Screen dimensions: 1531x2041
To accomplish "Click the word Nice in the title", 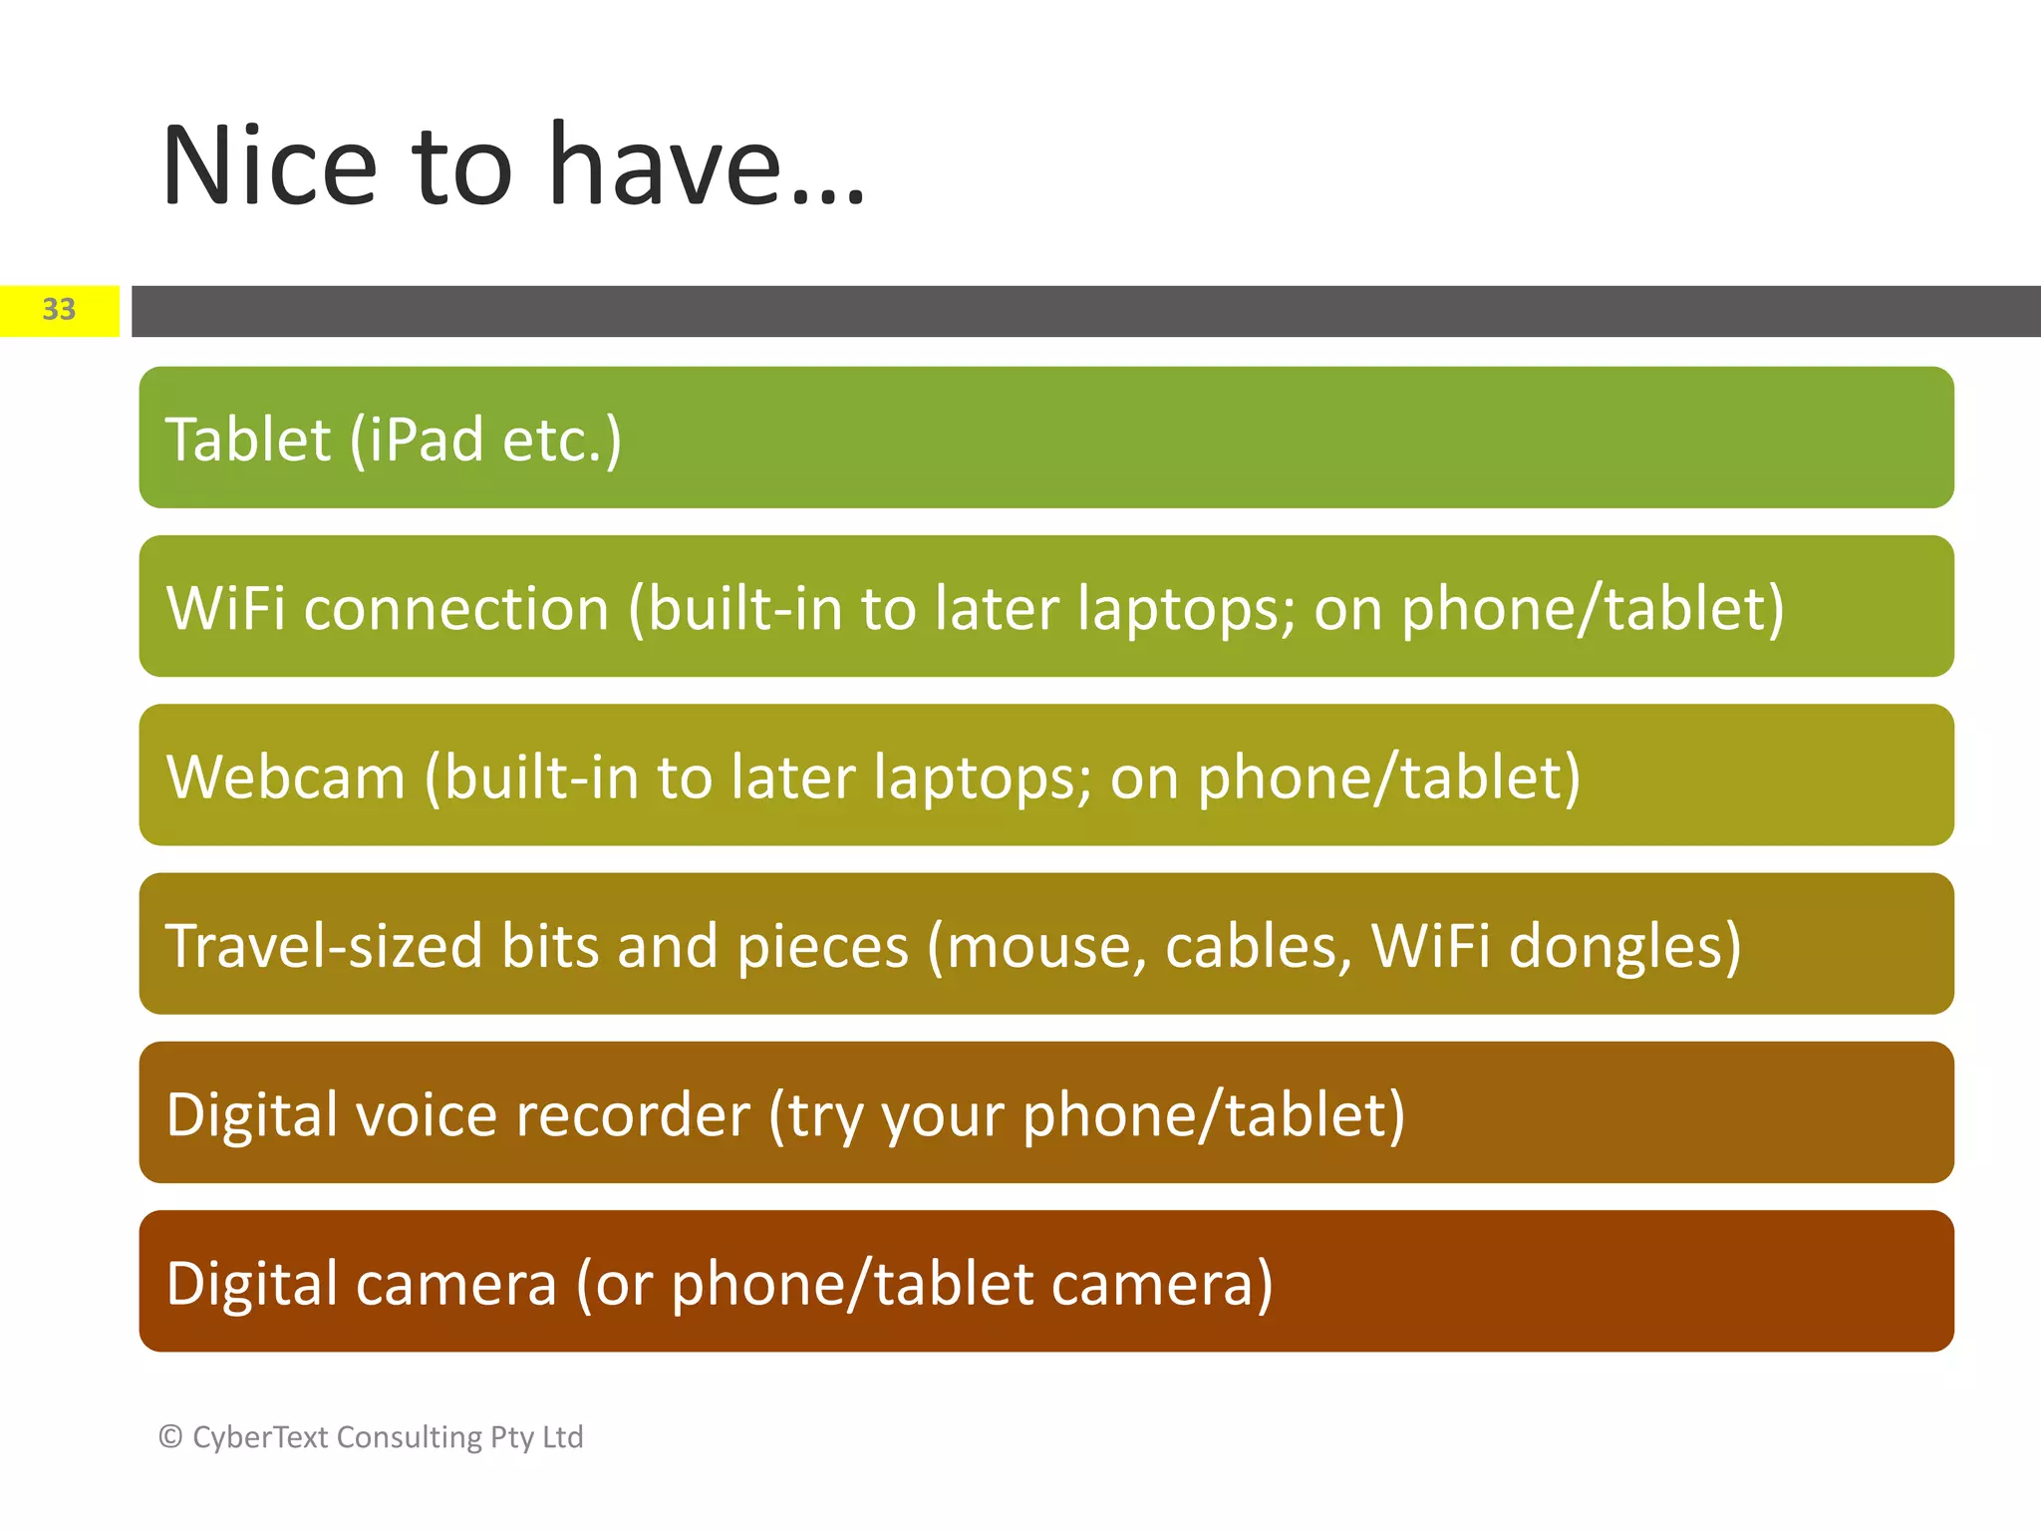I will click(x=269, y=166).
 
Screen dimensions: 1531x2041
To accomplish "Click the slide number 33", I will click(x=59, y=310).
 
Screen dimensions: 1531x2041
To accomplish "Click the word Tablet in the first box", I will click(x=247, y=440).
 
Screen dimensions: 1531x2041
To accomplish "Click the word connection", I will click(x=455, y=610).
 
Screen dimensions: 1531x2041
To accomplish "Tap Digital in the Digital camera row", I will click(x=251, y=1285).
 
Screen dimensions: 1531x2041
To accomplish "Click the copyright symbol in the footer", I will click(x=170, y=1436).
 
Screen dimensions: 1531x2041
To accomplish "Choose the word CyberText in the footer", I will click(x=259, y=1437).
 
